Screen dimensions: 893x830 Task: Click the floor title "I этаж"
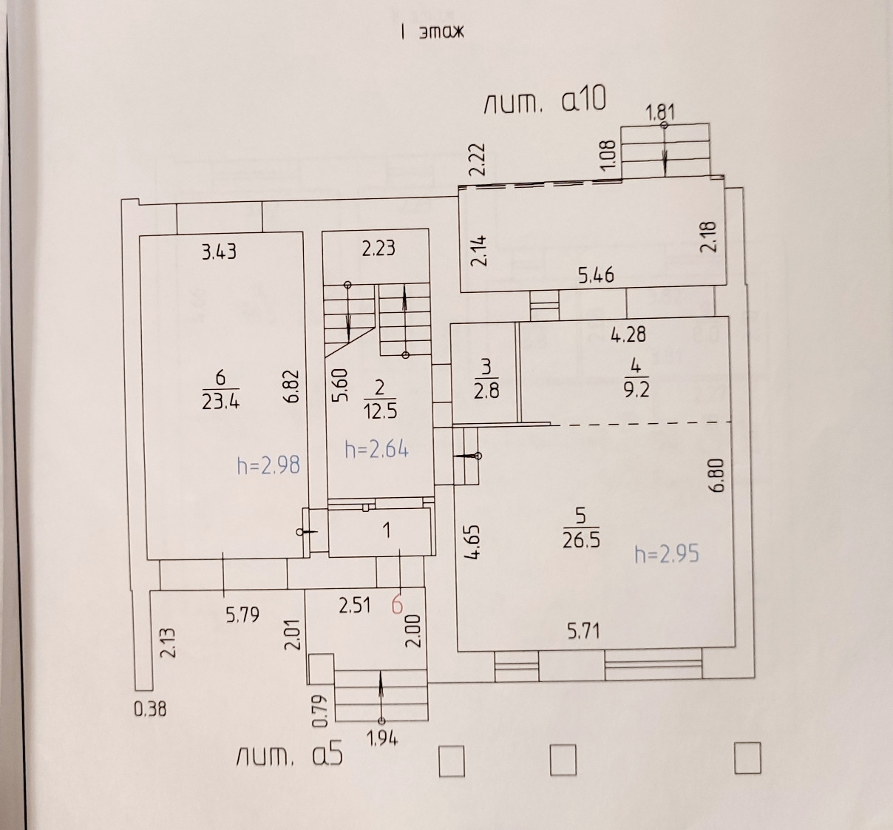[x=432, y=32]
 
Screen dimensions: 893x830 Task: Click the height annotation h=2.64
[x=377, y=449]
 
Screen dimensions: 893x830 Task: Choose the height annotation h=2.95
[x=666, y=553]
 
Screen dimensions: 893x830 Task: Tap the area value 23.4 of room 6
[x=220, y=402]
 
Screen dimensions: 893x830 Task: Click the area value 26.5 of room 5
[x=581, y=540]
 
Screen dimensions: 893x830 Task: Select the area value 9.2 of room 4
[x=636, y=390]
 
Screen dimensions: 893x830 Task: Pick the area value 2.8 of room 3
[x=486, y=390]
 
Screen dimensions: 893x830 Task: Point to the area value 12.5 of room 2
[x=379, y=411]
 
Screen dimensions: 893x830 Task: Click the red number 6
[x=397, y=605]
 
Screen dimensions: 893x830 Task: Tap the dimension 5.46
[x=596, y=276]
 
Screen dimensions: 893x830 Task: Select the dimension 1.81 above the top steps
[x=660, y=112]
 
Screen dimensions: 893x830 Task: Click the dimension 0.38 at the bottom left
[x=150, y=709]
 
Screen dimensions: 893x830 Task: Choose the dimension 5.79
[x=242, y=615]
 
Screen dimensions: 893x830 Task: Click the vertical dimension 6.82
[x=291, y=385]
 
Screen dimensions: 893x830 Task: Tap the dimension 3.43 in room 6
[x=219, y=252]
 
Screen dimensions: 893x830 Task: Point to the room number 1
[x=386, y=530]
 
